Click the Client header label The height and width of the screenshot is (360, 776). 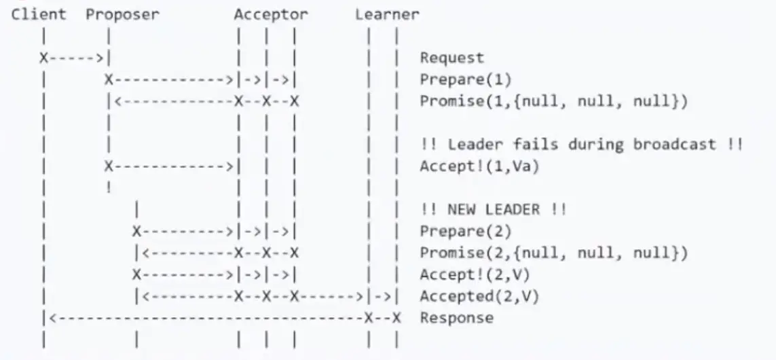coord(39,14)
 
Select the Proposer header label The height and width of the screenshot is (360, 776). coord(122,14)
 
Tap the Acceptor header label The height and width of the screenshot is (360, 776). coord(271,14)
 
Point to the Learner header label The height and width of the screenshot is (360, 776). coord(387,14)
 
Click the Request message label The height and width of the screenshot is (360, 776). coord(452,58)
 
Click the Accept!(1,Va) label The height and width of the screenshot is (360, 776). coord(479,166)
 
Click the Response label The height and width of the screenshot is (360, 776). coord(456,318)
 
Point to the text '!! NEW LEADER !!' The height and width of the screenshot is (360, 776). coord(493,209)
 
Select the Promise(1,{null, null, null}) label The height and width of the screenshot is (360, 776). coord(554,101)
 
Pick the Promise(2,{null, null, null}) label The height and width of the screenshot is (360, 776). coord(554,253)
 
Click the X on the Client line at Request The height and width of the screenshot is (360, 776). coord(43,58)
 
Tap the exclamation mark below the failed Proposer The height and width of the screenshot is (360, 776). coord(109,187)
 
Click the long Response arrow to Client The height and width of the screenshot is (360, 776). coord(204,318)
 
